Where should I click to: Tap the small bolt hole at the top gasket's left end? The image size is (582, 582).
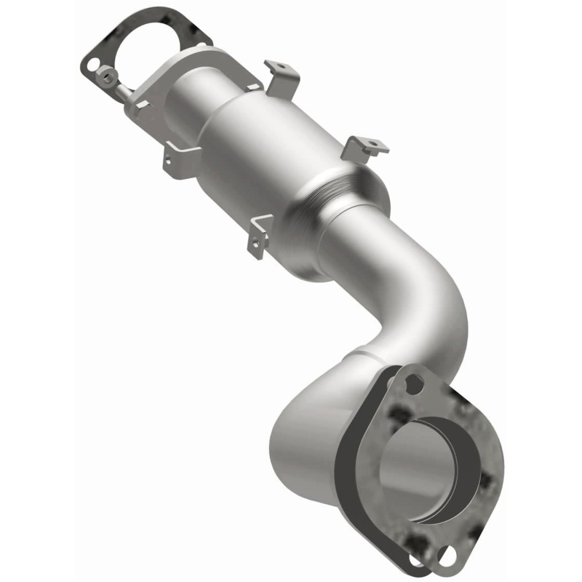pos(92,65)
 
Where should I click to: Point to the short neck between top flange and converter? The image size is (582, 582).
pos(182,87)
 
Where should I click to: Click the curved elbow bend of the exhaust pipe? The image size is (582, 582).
pos(415,306)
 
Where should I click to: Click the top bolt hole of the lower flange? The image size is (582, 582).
pos(414,383)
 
